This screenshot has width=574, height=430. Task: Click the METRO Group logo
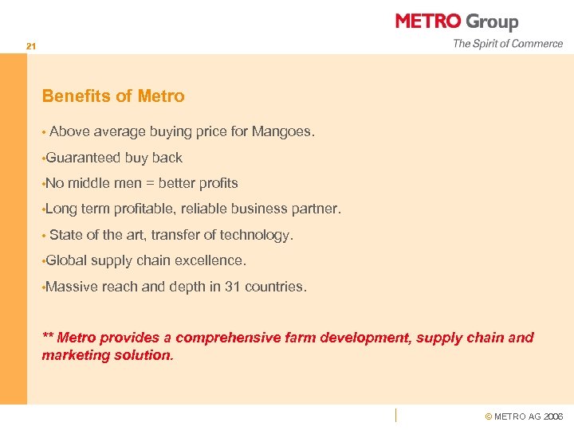coord(457,21)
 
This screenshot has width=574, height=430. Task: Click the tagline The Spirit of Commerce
coord(508,44)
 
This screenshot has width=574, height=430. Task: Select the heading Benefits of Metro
coord(113,96)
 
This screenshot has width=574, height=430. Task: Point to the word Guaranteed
coord(83,158)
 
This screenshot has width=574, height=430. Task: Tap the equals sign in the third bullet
coord(150,184)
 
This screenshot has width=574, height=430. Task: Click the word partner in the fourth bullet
coord(317,209)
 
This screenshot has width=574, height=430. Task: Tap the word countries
coord(276,287)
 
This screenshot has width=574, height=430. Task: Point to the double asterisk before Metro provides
coord(48,337)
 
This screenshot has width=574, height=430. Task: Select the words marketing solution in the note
coord(107,355)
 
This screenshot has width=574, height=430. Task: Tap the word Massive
coord(72,287)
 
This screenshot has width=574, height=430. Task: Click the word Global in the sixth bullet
coord(66,260)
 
